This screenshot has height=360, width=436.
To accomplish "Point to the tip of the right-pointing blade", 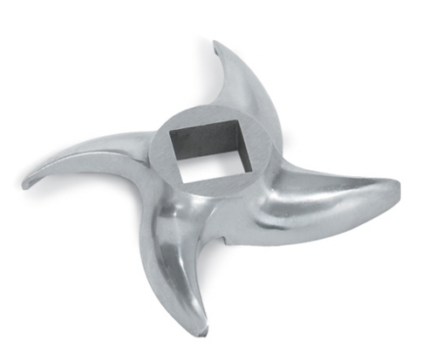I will pos(400,186).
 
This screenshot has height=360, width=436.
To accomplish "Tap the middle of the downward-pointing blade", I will pos(179,262).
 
